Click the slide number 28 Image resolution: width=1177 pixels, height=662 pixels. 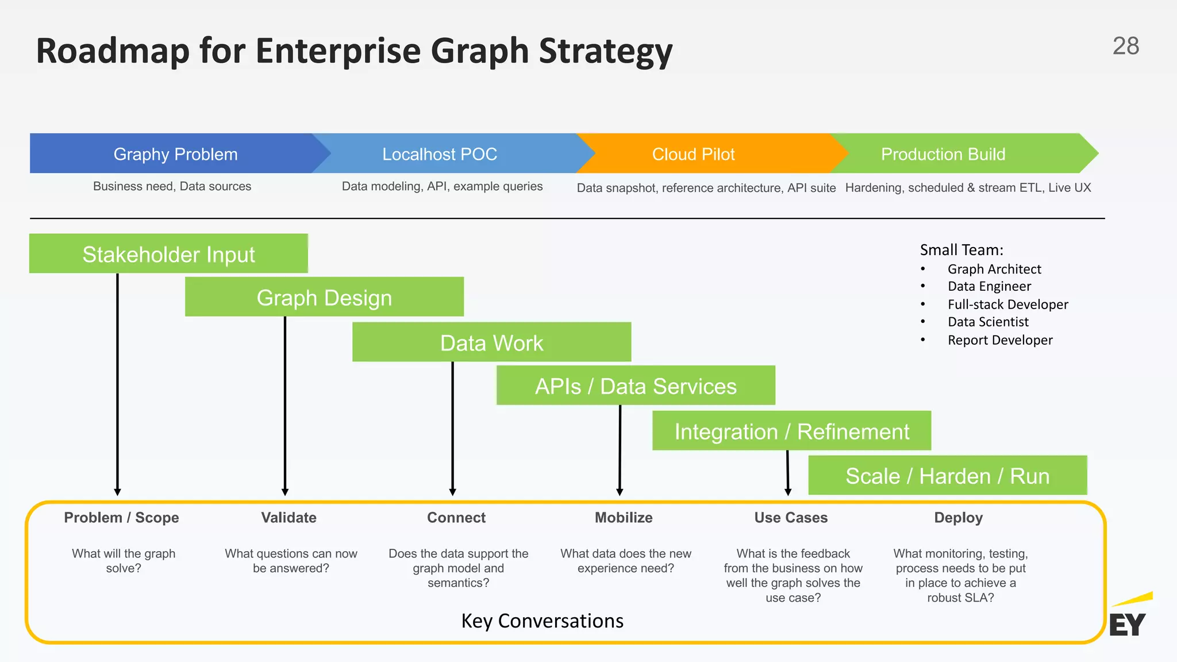tap(1125, 46)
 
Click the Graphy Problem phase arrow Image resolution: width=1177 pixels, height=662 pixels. tap(175, 154)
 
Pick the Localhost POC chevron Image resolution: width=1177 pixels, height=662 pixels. tap(440, 154)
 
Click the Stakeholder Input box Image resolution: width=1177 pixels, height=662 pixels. tap(168, 254)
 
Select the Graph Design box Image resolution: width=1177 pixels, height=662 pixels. tap(324, 298)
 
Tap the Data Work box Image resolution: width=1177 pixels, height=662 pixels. tap(491, 342)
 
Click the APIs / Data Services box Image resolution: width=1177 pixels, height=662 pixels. tap(636, 386)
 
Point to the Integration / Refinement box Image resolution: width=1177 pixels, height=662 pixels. tap(791, 431)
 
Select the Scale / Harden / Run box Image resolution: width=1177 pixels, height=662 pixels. tap(947, 476)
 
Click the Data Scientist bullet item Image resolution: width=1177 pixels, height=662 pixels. tap(988, 322)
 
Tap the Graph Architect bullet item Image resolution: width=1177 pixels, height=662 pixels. tap(994, 269)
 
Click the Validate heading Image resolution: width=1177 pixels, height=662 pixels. tap(289, 517)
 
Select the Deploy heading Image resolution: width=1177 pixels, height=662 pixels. tap(958, 517)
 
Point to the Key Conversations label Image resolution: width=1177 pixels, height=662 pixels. tap(542, 621)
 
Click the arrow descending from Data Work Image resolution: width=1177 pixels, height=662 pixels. tap(453, 428)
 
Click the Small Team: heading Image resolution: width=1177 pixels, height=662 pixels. tap(961, 250)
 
